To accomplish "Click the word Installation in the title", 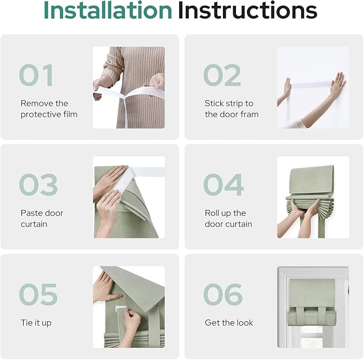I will click(x=107, y=11).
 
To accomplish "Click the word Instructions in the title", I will click(x=247, y=11).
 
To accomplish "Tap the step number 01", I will click(x=36, y=76).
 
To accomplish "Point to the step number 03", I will click(x=38, y=185).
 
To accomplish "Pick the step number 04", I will click(x=223, y=185).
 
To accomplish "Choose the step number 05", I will click(x=38, y=295).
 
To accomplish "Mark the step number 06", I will click(x=222, y=295).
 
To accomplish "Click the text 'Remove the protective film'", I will click(x=49, y=109).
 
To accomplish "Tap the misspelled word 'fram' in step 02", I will click(x=250, y=114).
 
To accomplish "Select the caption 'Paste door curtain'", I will click(x=42, y=219).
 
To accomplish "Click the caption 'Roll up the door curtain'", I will click(x=228, y=219).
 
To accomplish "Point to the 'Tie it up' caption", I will click(x=36, y=323).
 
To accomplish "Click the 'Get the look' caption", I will click(x=229, y=323).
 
